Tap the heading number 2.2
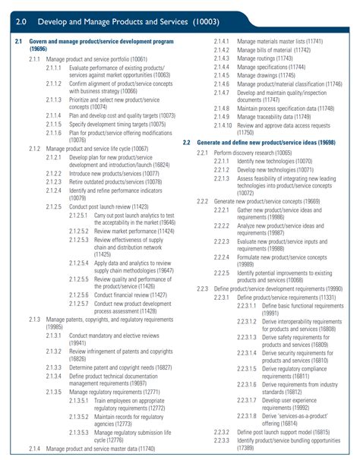(x=187, y=142)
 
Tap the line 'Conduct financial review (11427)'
(x=131, y=295)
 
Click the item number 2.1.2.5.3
(x=80, y=240)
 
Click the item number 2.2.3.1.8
(x=246, y=417)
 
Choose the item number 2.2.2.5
(x=221, y=272)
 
